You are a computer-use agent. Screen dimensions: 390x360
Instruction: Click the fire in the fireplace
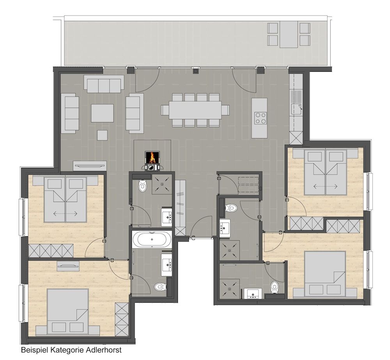(152, 157)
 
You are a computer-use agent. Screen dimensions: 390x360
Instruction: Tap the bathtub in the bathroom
(152, 239)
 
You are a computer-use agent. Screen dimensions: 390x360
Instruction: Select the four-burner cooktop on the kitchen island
(260, 118)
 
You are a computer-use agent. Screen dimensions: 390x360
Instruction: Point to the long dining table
(195, 110)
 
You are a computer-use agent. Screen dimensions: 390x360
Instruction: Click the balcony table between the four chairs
(289, 35)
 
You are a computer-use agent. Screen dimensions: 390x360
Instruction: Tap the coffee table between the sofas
(102, 113)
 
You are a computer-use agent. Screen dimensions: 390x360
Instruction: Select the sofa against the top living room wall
(104, 84)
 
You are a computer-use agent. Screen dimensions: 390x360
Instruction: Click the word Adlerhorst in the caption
(104, 350)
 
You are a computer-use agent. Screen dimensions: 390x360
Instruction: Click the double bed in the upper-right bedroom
(325, 172)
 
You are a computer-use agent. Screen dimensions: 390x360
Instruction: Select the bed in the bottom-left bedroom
(67, 311)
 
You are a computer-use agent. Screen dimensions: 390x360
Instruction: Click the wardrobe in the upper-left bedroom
(51, 250)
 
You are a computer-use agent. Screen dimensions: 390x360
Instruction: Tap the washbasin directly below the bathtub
(167, 265)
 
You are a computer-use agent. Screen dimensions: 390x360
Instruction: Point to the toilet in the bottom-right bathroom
(274, 287)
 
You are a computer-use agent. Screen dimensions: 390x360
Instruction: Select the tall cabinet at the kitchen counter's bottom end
(296, 137)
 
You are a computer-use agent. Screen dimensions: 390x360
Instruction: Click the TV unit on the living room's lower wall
(90, 165)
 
